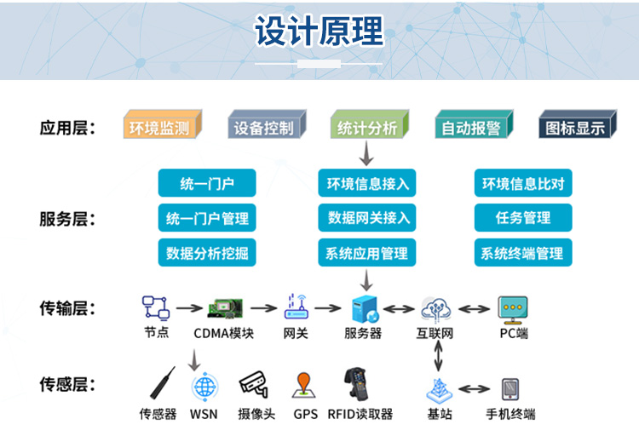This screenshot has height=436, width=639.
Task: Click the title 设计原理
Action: click(x=319, y=31)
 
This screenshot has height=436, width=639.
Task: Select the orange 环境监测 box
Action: click(x=163, y=124)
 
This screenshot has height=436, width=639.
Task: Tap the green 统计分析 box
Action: click(x=370, y=124)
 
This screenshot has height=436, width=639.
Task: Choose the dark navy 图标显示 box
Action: click(x=578, y=124)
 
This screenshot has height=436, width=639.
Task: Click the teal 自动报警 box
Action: click(x=474, y=124)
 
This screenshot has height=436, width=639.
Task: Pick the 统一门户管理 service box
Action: click(x=207, y=218)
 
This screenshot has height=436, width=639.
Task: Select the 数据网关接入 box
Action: click(x=366, y=218)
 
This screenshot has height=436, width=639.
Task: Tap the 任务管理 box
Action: click(x=523, y=218)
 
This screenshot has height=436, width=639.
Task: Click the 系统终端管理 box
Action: click(x=523, y=253)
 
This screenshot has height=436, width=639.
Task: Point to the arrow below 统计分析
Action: click(x=366, y=153)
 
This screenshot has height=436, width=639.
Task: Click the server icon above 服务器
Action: click(x=366, y=309)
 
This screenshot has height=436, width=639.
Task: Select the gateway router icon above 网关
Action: click(x=296, y=307)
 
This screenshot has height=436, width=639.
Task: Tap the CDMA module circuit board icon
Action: click(x=226, y=308)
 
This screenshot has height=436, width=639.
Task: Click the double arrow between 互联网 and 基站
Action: click(x=438, y=356)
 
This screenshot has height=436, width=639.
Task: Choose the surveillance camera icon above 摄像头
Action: click(x=254, y=384)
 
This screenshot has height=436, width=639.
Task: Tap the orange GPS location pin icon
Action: click(x=303, y=385)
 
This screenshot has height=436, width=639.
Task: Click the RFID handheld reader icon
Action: click(x=356, y=384)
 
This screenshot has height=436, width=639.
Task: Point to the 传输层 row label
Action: click(x=67, y=308)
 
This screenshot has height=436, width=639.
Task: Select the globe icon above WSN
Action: click(x=205, y=387)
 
